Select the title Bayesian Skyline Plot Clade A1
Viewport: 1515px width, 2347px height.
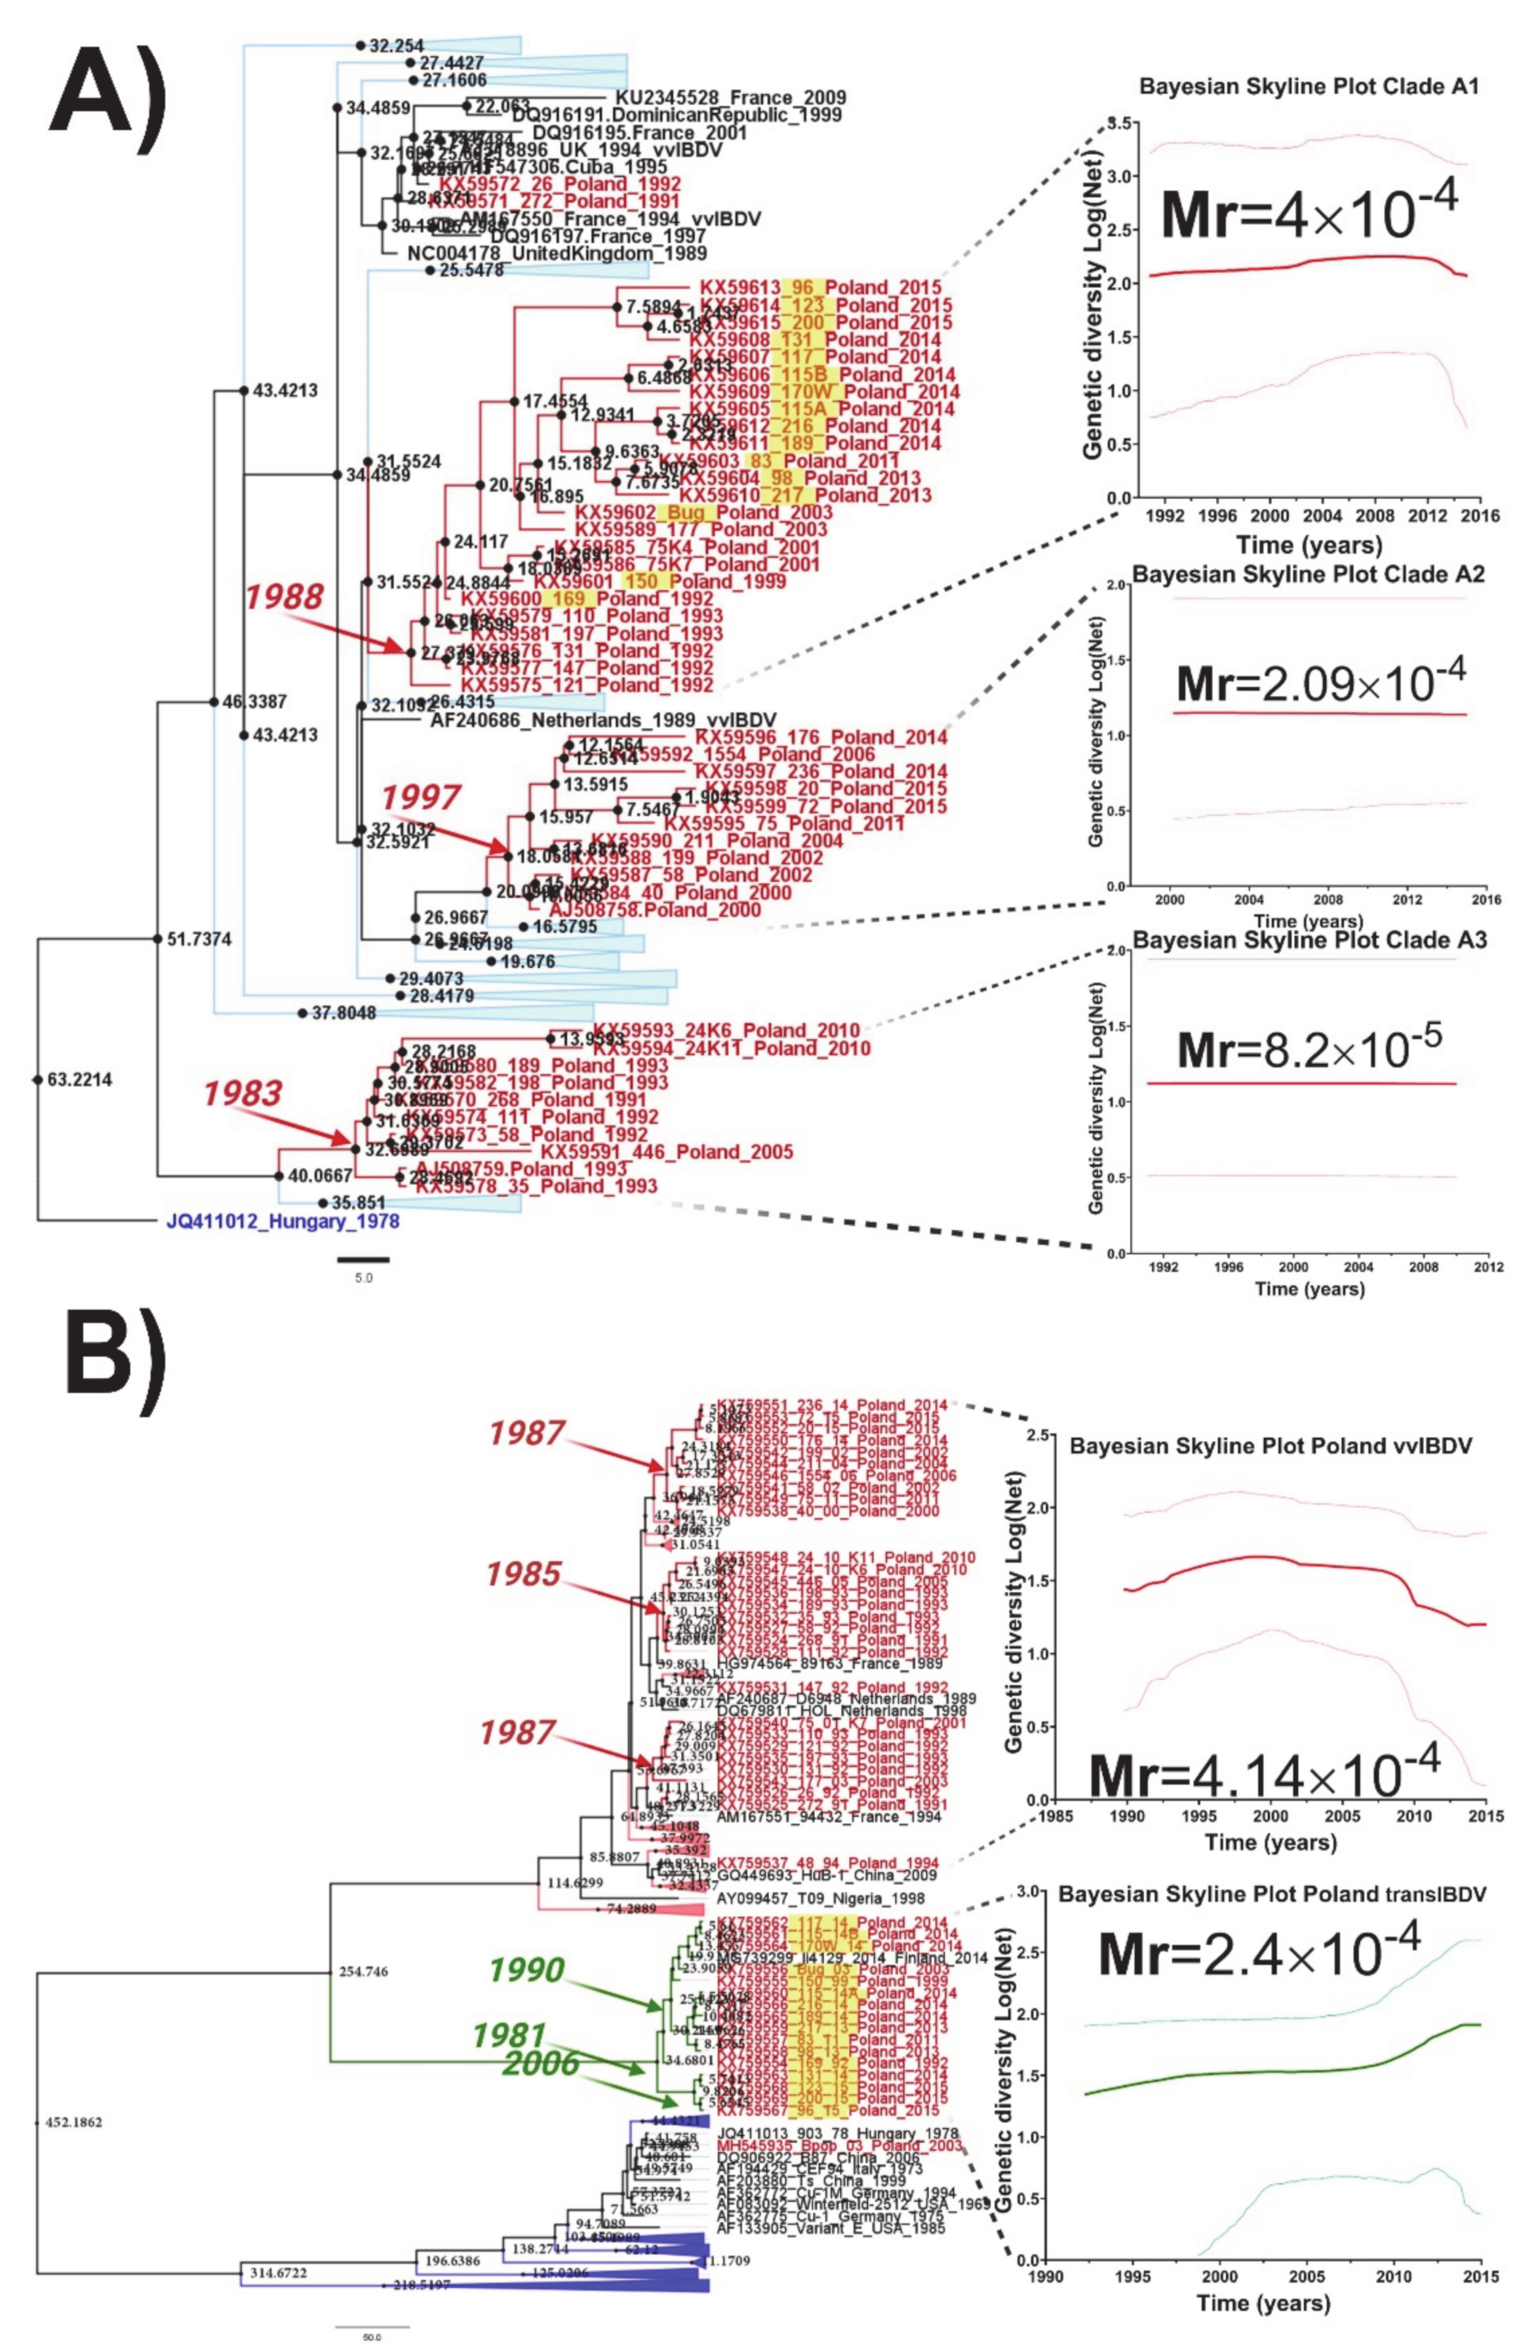[x=1308, y=87]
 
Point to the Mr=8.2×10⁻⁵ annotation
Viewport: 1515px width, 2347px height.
[x=1309, y=1048]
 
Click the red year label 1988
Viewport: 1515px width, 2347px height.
[x=285, y=596]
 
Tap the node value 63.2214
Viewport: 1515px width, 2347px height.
[x=79, y=1080]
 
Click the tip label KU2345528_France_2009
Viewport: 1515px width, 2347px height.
[x=730, y=98]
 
